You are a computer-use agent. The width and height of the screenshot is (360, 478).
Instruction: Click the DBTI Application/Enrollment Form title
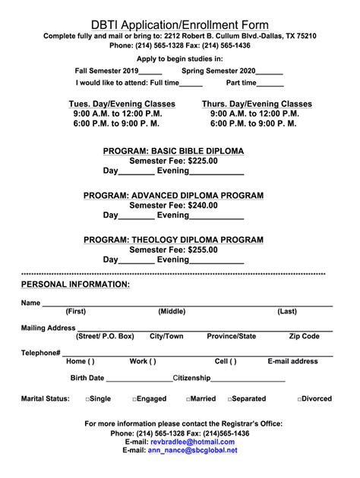(180, 25)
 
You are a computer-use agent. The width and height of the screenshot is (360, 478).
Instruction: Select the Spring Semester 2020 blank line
(271, 71)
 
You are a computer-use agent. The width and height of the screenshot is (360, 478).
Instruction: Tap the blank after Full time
(191, 83)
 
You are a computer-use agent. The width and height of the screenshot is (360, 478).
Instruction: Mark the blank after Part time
(270, 83)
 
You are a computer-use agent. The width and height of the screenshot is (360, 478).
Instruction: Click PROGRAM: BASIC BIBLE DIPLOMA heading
(174, 151)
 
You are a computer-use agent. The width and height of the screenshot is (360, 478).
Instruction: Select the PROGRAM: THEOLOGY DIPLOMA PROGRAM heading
(174, 240)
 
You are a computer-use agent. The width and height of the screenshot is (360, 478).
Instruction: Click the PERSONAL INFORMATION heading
(75, 285)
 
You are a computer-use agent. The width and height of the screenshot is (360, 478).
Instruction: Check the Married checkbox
(188, 399)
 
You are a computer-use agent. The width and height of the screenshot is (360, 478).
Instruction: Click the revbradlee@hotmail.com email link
(193, 442)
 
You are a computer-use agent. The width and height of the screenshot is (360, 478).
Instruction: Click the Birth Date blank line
(139, 379)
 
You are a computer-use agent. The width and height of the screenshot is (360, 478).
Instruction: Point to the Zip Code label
(305, 336)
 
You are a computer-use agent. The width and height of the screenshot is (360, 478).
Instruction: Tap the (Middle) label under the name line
(172, 312)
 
